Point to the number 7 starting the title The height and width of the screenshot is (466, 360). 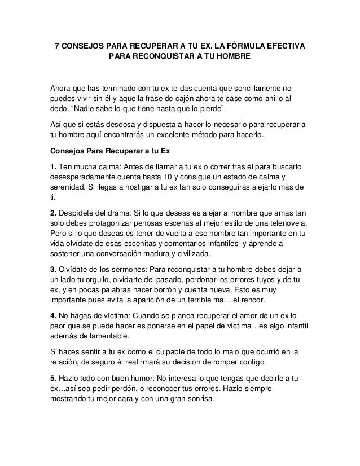56,46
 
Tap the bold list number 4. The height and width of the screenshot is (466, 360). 53,313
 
